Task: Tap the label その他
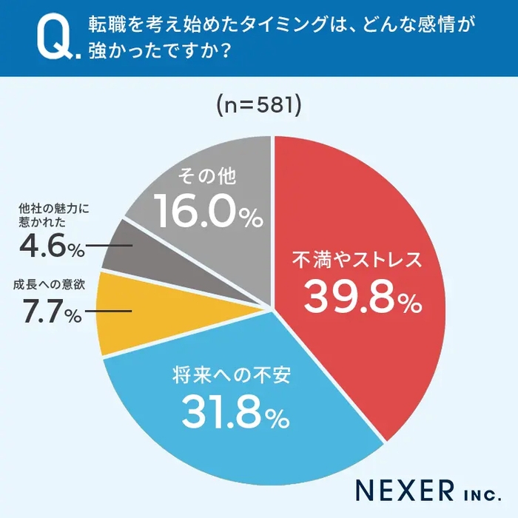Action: click(204, 176)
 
